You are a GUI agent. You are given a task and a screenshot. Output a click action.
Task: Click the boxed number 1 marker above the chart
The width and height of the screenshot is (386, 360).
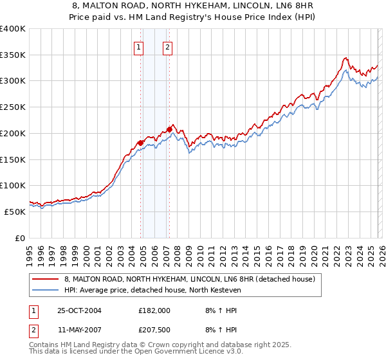click(x=139, y=46)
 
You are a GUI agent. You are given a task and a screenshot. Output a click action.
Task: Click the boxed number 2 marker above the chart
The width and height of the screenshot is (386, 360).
click(x=167, y=46)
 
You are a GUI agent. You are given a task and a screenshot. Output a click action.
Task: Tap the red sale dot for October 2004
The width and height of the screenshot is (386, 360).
click(x=141, y=142)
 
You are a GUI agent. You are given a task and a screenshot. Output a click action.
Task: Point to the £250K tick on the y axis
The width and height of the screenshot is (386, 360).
click(x=13, y=107)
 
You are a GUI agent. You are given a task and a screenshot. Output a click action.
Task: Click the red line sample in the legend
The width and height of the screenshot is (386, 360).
click(x=46, y=280)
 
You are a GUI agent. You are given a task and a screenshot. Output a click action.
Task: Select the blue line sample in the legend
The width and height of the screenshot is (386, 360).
click(x=46, y=291)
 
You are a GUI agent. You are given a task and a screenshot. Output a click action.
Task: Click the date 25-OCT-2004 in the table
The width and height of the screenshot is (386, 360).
click(x=79, y=310)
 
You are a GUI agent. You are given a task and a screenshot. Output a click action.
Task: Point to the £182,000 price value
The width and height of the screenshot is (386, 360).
click(x=154, y=310)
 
